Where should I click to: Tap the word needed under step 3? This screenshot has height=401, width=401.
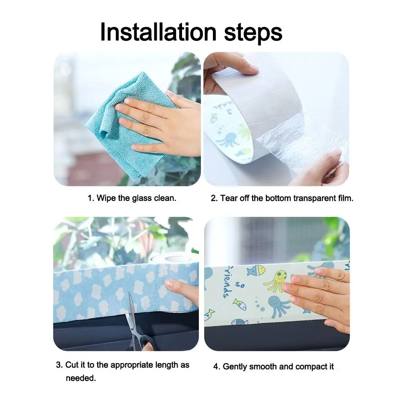click(x=81, y=378)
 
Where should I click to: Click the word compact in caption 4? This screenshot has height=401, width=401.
click(x=311, y=367)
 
